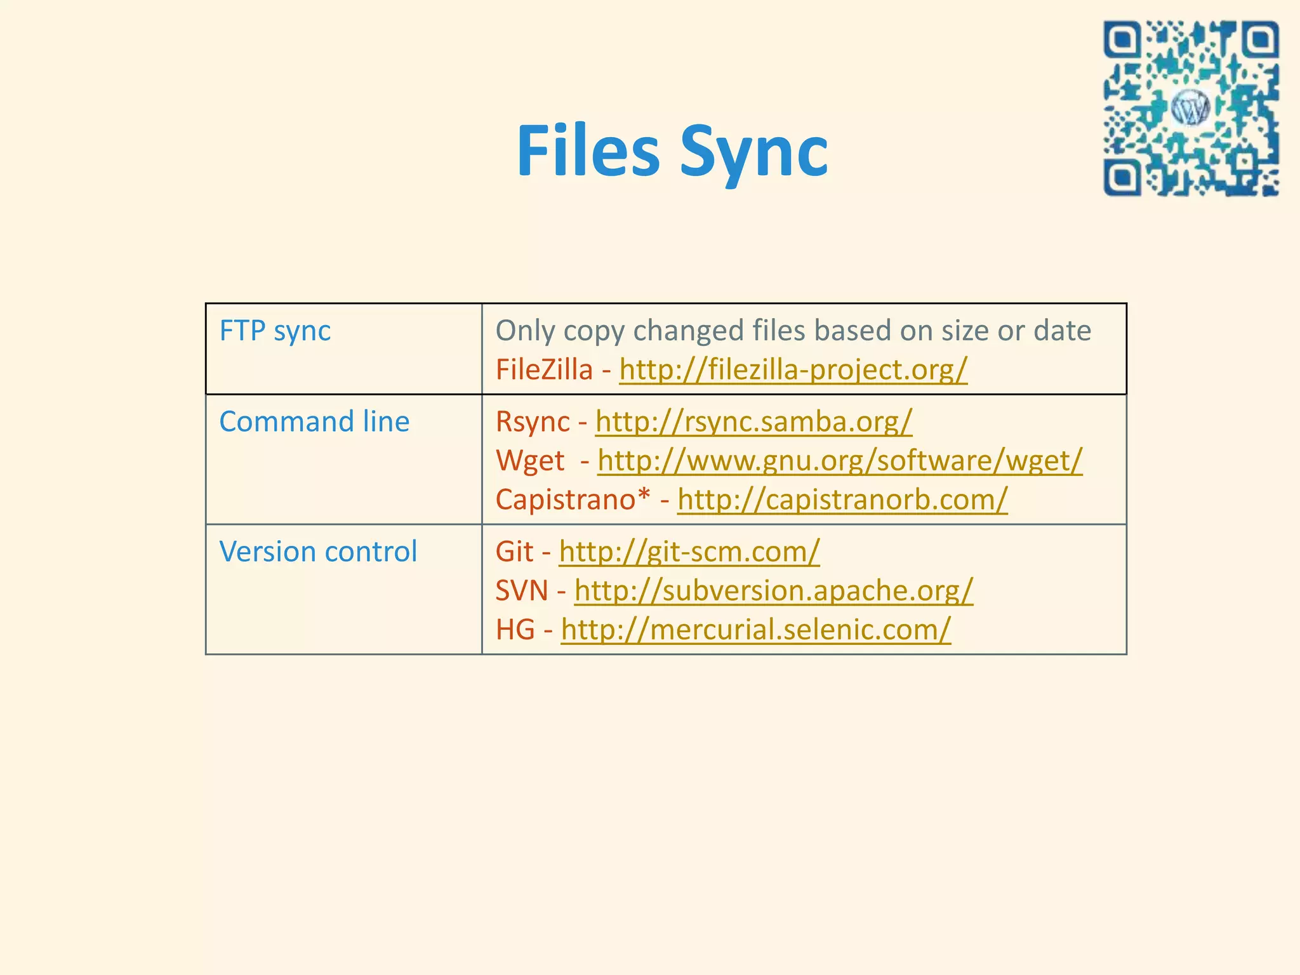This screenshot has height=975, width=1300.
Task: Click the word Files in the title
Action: coord(588,151)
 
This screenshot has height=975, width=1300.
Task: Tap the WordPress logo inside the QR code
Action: coord(1190,109)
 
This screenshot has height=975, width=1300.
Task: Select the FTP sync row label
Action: coord(275,331)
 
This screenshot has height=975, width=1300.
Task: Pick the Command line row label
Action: coord(314,422)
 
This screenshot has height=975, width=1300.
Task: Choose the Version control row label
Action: coord(318,552)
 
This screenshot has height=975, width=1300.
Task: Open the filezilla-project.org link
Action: coord(793,370)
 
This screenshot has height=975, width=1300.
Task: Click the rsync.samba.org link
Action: coord(753,422)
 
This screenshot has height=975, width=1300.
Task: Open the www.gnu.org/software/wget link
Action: coord(839,461)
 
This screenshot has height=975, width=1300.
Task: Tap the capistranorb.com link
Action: coord(842,500)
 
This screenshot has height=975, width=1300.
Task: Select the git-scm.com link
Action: coord(689,552)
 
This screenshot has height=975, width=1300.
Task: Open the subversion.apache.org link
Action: coord(773,591)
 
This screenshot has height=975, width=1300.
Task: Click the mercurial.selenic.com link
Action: coord(755,630)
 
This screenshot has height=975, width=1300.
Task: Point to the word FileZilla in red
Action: coord(544,370)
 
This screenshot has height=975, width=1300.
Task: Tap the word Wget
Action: coord(530,461)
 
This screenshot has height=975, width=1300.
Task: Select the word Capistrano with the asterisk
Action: coord(573,500)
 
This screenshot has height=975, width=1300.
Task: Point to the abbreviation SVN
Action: coord(521,591)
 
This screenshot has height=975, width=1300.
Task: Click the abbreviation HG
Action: coord(515,630)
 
